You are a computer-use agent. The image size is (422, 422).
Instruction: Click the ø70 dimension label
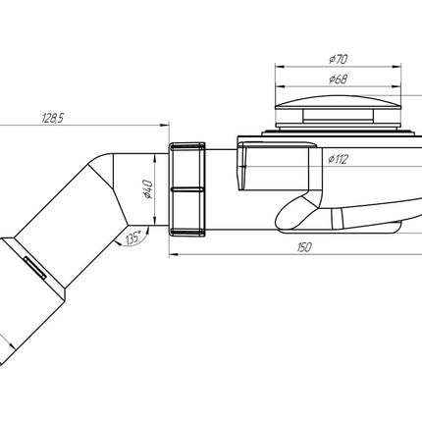pos(339,59)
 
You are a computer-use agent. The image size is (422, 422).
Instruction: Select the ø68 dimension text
pos(339,79)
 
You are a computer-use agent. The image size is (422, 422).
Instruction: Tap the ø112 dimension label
pos(339,159)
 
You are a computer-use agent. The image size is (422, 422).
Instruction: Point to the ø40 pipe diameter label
pos(148,188)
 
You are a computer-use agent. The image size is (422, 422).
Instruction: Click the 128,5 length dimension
pos(52,119)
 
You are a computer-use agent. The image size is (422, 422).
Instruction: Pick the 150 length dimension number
pos(304,247)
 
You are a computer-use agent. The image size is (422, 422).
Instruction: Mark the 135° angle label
pos(133,237)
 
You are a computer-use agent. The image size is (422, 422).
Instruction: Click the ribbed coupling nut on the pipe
pos(186,189)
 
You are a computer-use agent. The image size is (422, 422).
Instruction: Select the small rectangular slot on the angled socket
pos(34,267)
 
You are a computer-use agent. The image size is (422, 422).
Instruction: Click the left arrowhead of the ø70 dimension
pos(279,67)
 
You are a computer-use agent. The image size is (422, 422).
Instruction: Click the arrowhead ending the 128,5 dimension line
pos(164,125)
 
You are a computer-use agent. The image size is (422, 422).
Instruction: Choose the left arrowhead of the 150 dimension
pos(174,254)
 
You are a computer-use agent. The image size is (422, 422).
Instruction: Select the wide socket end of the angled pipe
pos(32,298)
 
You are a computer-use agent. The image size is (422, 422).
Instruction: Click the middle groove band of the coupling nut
pos(186,189)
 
